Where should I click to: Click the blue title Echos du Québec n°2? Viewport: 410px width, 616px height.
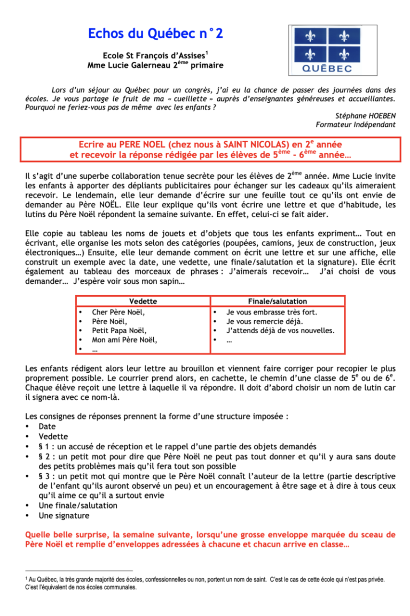click(x=155, y=34)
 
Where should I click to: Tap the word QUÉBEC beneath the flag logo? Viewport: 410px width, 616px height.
click(x=327, y=68)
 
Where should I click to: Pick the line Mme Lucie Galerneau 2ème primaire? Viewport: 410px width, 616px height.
click(x=155, y=65)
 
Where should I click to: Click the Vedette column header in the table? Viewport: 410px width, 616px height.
click(x=142, y=302)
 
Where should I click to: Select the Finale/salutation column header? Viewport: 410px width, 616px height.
click(x=277, y=302)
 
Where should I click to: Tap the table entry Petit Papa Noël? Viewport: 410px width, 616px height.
click(x=119, y=330)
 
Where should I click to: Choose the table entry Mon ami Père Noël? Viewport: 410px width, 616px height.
click(x=124, y=340)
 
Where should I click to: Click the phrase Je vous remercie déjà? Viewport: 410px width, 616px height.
click(x=265, y=321)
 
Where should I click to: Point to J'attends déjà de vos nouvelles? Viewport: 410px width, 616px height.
click(x=280, y=330)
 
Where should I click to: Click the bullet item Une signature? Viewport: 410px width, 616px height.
click(x=64, y=516)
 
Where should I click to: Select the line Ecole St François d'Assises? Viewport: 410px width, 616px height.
click(x=155, y=56)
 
